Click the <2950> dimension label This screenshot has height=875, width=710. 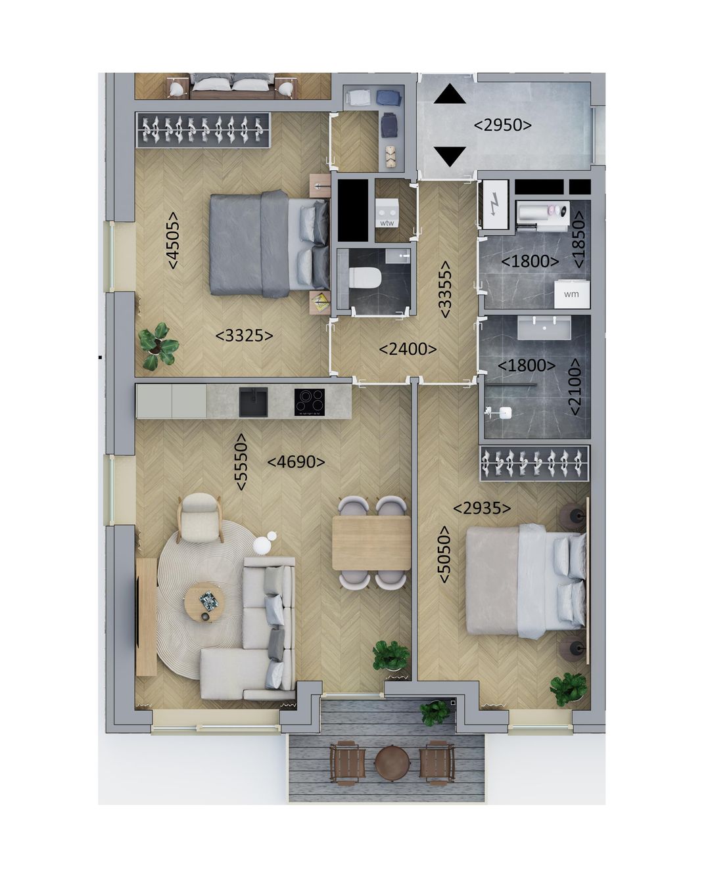tap(503, 124)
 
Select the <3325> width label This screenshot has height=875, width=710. tap(244, 336)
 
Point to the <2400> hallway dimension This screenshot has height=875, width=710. tap(408, 349)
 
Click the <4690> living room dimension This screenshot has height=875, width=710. tap(296, 462)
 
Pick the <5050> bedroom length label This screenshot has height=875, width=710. tap(444, 554)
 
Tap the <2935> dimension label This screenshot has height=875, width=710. tap(482, 508)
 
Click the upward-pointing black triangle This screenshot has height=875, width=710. tap(450, 95)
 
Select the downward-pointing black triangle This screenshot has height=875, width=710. tap(450, 157)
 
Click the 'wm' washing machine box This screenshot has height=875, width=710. tap(571, 294)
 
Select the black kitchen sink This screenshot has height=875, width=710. tap(253, 401)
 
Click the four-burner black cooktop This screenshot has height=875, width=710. tap(310, 401)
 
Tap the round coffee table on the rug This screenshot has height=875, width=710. tap(205, 602)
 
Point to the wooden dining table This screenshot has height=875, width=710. tap(371, 543)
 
